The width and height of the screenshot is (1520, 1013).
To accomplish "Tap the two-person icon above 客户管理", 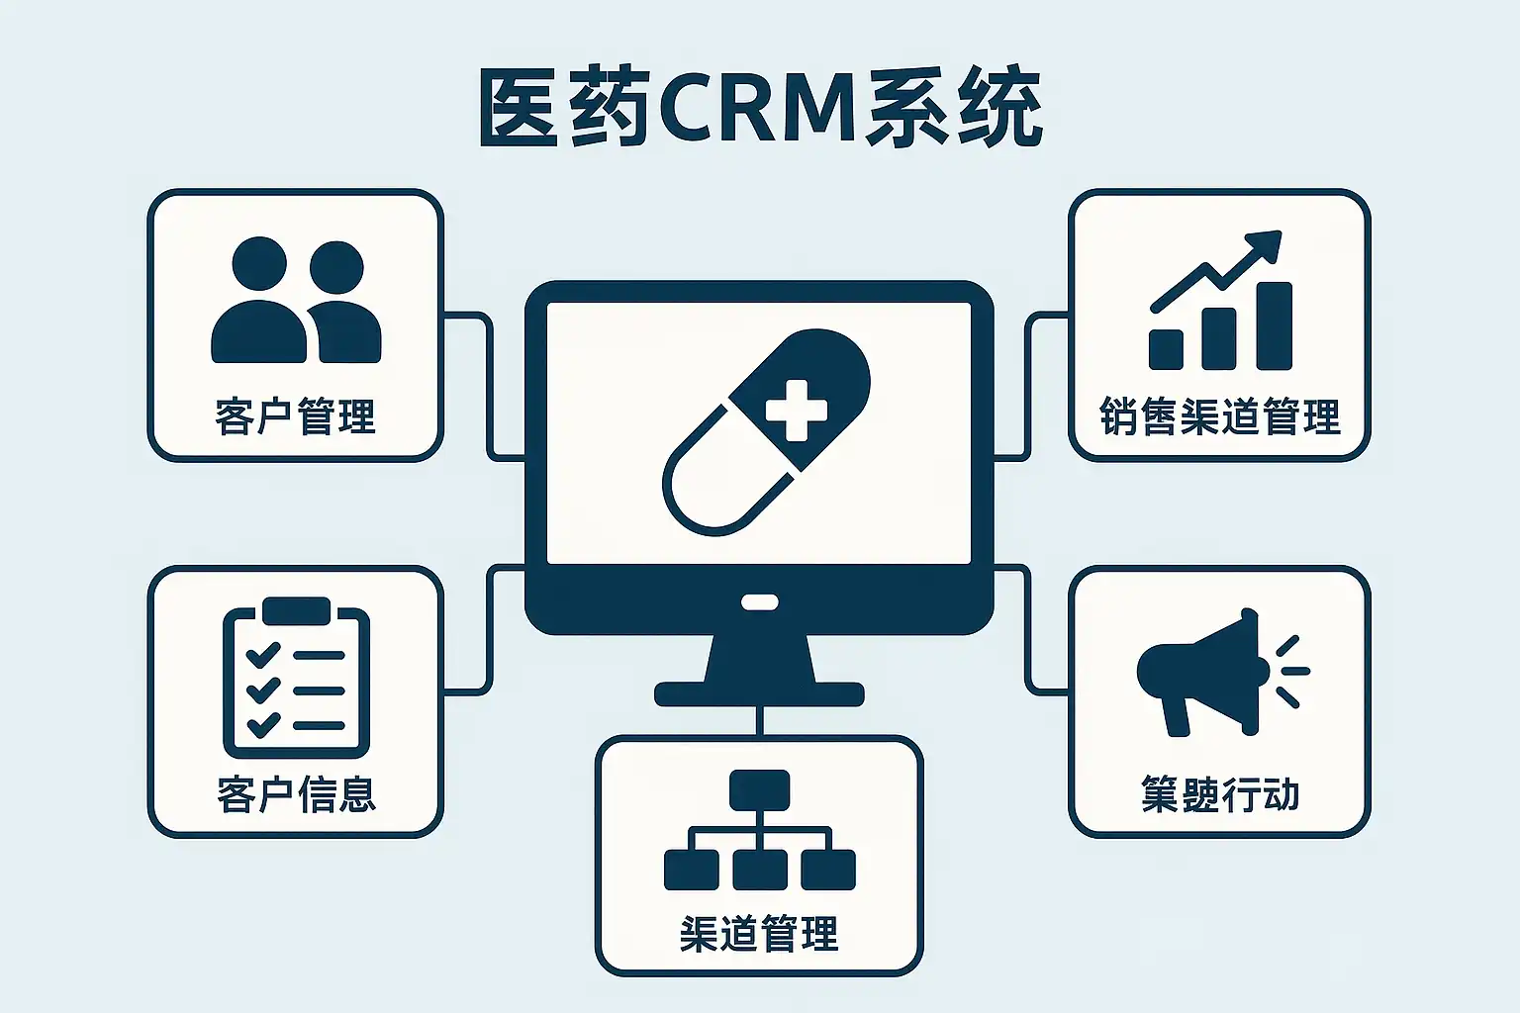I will click(296, 302).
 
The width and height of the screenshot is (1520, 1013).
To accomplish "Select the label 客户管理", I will click(295, 416).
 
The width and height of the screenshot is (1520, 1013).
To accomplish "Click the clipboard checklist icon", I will click(296, 678).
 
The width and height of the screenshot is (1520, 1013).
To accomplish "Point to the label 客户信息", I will click(296, 794).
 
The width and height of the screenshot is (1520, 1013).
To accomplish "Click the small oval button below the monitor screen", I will click(759, 600).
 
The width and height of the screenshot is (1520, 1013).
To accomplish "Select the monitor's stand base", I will click(759, 692).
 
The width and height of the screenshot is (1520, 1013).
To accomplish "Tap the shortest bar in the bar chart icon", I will click(1166, 349).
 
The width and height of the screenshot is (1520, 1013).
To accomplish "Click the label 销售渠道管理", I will click(1219, 417).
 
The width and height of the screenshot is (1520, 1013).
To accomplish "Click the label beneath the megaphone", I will click(1219, 794).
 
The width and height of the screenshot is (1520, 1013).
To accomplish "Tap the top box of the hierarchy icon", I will click(759, 788).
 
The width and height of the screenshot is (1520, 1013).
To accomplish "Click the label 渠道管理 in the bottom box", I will click(759, 934).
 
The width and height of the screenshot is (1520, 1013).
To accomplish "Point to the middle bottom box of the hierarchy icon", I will click(759, 869).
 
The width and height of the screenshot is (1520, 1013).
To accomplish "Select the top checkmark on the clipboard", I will click(261, 654).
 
